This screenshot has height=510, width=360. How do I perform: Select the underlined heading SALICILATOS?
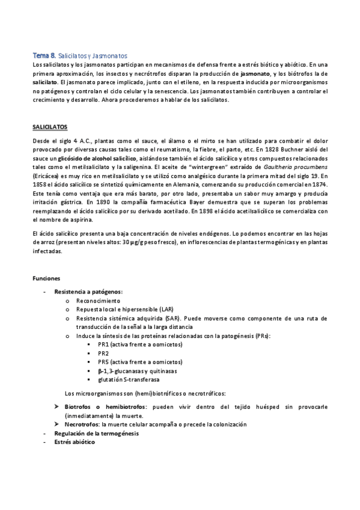pos(49,127)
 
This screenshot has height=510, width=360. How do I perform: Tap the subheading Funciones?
pos(46,278)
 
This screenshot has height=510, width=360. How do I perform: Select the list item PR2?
pos(103,354)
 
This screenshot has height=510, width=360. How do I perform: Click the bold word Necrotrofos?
pos(82,424)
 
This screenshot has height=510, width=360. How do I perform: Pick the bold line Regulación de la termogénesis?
pos(96,433)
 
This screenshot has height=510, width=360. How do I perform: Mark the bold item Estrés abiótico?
pos(74,441)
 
